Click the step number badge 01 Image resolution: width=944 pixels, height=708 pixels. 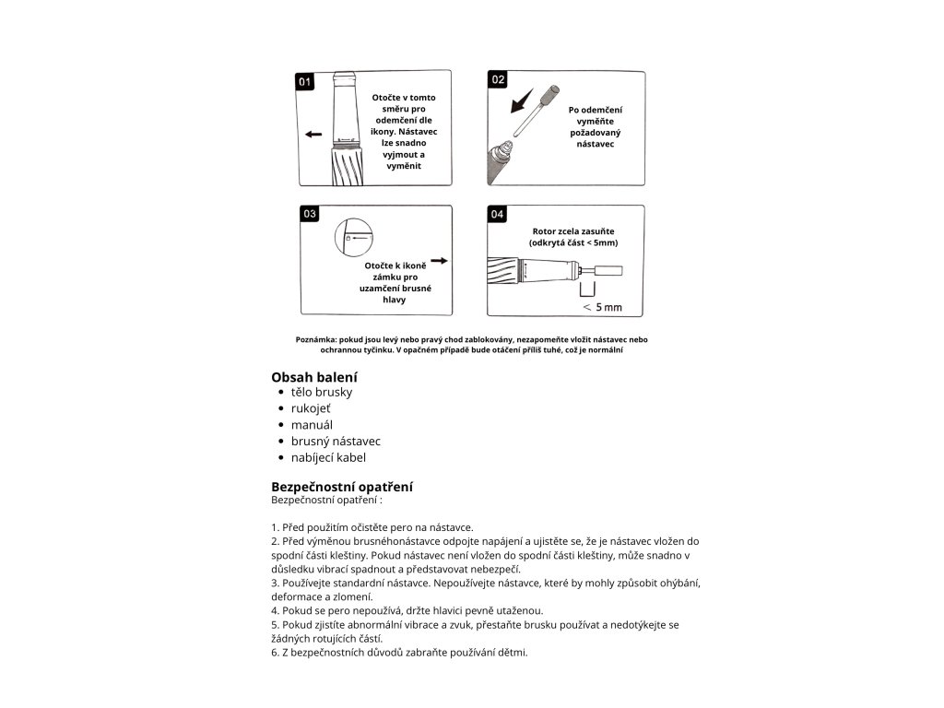pos(306,82)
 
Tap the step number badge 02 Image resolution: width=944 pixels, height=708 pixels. pos(499,80)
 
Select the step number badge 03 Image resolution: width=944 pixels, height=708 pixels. pos(310,214)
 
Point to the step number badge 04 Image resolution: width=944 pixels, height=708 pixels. pos(499,215)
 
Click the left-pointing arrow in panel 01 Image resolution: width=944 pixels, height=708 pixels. pos(313,135)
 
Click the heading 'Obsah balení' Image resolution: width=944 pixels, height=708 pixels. pos(314,377)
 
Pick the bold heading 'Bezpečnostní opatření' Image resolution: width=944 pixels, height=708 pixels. pos(342,486)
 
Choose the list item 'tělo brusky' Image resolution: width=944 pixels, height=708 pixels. pos(322,392)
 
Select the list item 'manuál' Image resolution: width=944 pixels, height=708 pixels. pos(312,425)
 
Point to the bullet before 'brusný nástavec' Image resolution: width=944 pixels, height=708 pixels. pos(280,442)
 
